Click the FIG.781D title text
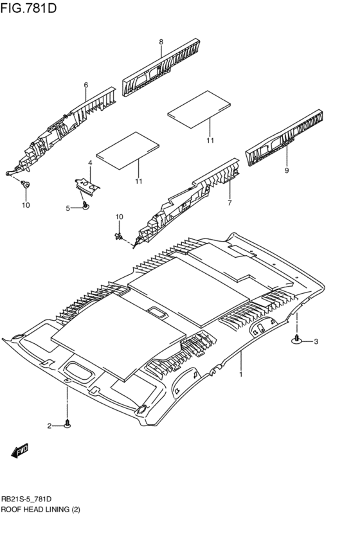coord(28,8)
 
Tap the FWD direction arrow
coord(19,451)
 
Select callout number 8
coord(161,42)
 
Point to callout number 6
coord(85,85)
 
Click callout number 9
coord(287,170)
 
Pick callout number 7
coord(230,202)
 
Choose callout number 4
coord(89,163)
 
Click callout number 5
coord(68,208)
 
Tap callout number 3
coord(316,341)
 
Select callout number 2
coord(50,426)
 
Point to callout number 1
coord(240,374)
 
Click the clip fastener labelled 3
coord(297,339)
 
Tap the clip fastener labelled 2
coord(67,424)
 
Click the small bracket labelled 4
coord(87,185)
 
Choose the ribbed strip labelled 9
coord(284,138)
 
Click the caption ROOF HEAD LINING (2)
coord(40,509)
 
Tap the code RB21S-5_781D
coord(26,499)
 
